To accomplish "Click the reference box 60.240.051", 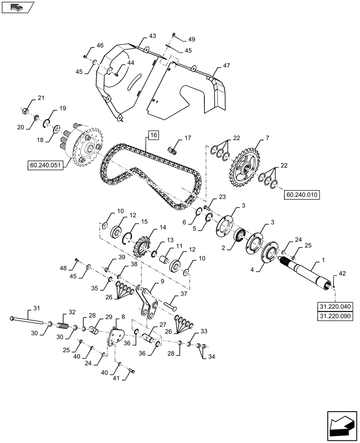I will point(46,166).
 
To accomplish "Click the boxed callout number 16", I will point(153,135).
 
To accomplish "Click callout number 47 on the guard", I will point(226,66).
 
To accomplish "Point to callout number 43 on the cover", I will point(152,35).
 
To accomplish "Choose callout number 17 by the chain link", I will point(188,138).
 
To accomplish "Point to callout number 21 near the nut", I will point(41,98).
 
